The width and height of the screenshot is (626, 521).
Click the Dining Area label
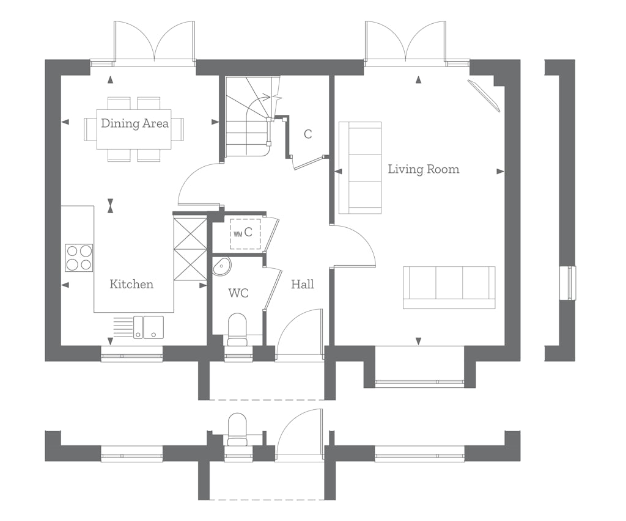click(x=134, y=123)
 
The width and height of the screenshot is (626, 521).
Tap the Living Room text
click(x=423, y=169)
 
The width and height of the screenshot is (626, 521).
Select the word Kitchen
click(x=131, y=284)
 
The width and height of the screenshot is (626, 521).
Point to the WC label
click(x=238, y=293)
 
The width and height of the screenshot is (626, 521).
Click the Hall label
click(x=302, y=284)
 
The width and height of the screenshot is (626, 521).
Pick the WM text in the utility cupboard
click(x=237, y=233)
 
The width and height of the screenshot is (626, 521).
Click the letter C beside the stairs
click(x=307, y=134)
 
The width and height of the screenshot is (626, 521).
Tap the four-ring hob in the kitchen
click(x=79, y=257)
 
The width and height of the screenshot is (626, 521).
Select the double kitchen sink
click(x=149, y=327)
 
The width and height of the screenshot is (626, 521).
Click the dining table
click(x=134, y=129)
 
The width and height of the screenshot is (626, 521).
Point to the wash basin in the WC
click(x=221, y=266)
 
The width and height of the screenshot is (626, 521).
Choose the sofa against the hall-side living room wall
click(x=360, y=168)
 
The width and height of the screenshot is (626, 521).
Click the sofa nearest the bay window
click(x=449, y=287)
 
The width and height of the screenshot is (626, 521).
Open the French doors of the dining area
click(x=154, y=43)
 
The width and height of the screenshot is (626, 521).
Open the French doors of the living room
click(x=405, y=43)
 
